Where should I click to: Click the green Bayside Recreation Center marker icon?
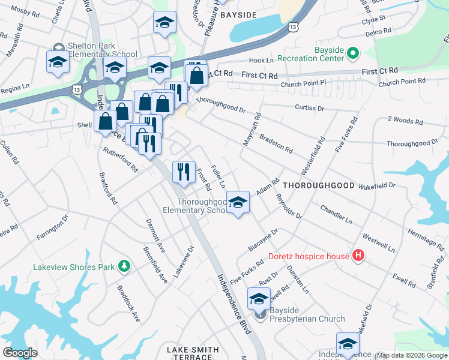352,54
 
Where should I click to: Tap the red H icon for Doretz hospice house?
358,256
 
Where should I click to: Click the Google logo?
20,352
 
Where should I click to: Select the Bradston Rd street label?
276,143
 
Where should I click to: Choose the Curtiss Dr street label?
309,109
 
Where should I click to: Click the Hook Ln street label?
261,61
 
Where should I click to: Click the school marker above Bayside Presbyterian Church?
259,298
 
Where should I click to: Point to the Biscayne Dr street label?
263,240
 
